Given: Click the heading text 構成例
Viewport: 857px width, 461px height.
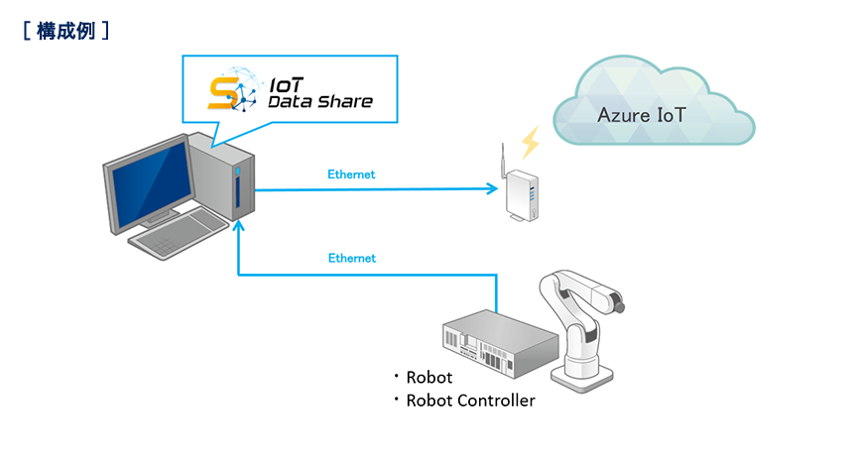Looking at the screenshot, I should (x=64, y=31).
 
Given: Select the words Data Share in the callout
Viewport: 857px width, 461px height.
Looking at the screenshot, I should (x=320, y=101).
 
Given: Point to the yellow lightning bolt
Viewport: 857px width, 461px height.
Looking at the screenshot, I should (x=531, y=142).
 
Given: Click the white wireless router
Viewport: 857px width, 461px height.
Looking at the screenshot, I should (x=522, y=196).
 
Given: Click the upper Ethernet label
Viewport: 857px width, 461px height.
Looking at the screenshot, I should (x=351, y=174).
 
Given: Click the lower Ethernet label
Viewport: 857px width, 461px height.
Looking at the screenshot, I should (x=351, y=258).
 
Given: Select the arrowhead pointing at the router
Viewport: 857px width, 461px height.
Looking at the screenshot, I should (x=491, y=187).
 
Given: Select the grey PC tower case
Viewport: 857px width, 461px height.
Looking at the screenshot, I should (x=230, y=178).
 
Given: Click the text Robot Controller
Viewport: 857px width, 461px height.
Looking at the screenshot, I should (x=470, y=401).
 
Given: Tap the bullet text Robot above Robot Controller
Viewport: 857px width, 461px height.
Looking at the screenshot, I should (x=428, y=377).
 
